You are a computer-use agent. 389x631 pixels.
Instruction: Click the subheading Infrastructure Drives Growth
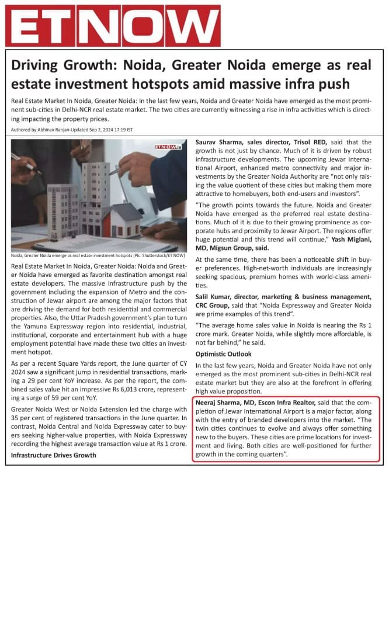(x=54, y=455)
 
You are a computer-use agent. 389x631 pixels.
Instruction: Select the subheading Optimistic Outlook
(x=223, y=354)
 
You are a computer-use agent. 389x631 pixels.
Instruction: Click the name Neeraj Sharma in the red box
(x=217, y=403)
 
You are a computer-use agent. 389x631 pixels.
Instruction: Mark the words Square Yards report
(x=72, y=363)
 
